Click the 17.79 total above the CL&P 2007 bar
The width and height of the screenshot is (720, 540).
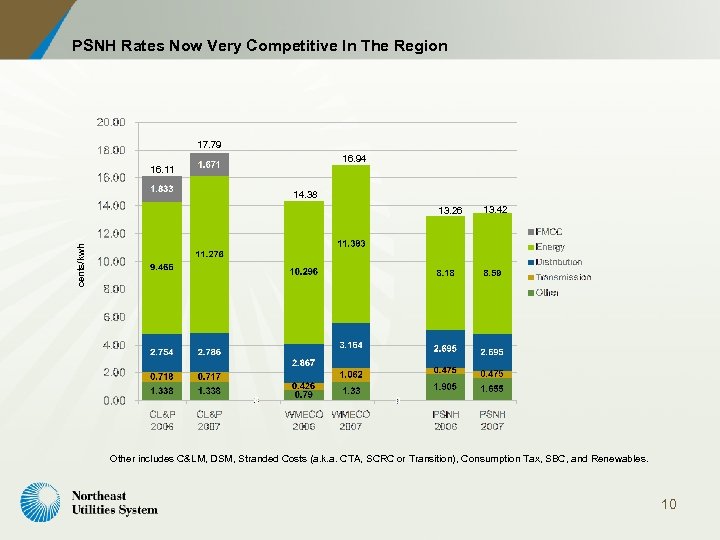point(209,144)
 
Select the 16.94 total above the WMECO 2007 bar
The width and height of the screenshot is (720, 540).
point(354,159)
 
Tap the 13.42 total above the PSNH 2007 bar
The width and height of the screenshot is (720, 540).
point(495,209)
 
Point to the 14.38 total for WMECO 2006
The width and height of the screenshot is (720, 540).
point(305,194)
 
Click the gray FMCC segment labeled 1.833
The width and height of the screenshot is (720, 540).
point(162,188)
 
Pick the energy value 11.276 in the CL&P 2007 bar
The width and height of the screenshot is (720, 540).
point(209,254)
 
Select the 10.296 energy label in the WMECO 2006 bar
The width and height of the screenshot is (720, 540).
point(304,272)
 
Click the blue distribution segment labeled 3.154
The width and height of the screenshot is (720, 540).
point(351,345)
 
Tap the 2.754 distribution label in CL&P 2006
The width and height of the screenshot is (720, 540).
point(162,352)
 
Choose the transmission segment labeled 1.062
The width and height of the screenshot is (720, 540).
point(351,375)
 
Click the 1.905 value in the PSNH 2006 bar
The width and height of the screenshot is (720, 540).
point(445,386)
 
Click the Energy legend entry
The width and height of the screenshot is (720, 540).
point(550,247)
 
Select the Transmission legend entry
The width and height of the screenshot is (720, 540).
point(562,277)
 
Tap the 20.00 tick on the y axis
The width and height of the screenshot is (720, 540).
point(111,123)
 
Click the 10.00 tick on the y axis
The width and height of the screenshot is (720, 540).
point(111,262)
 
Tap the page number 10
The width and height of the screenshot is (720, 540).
point(668,504)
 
